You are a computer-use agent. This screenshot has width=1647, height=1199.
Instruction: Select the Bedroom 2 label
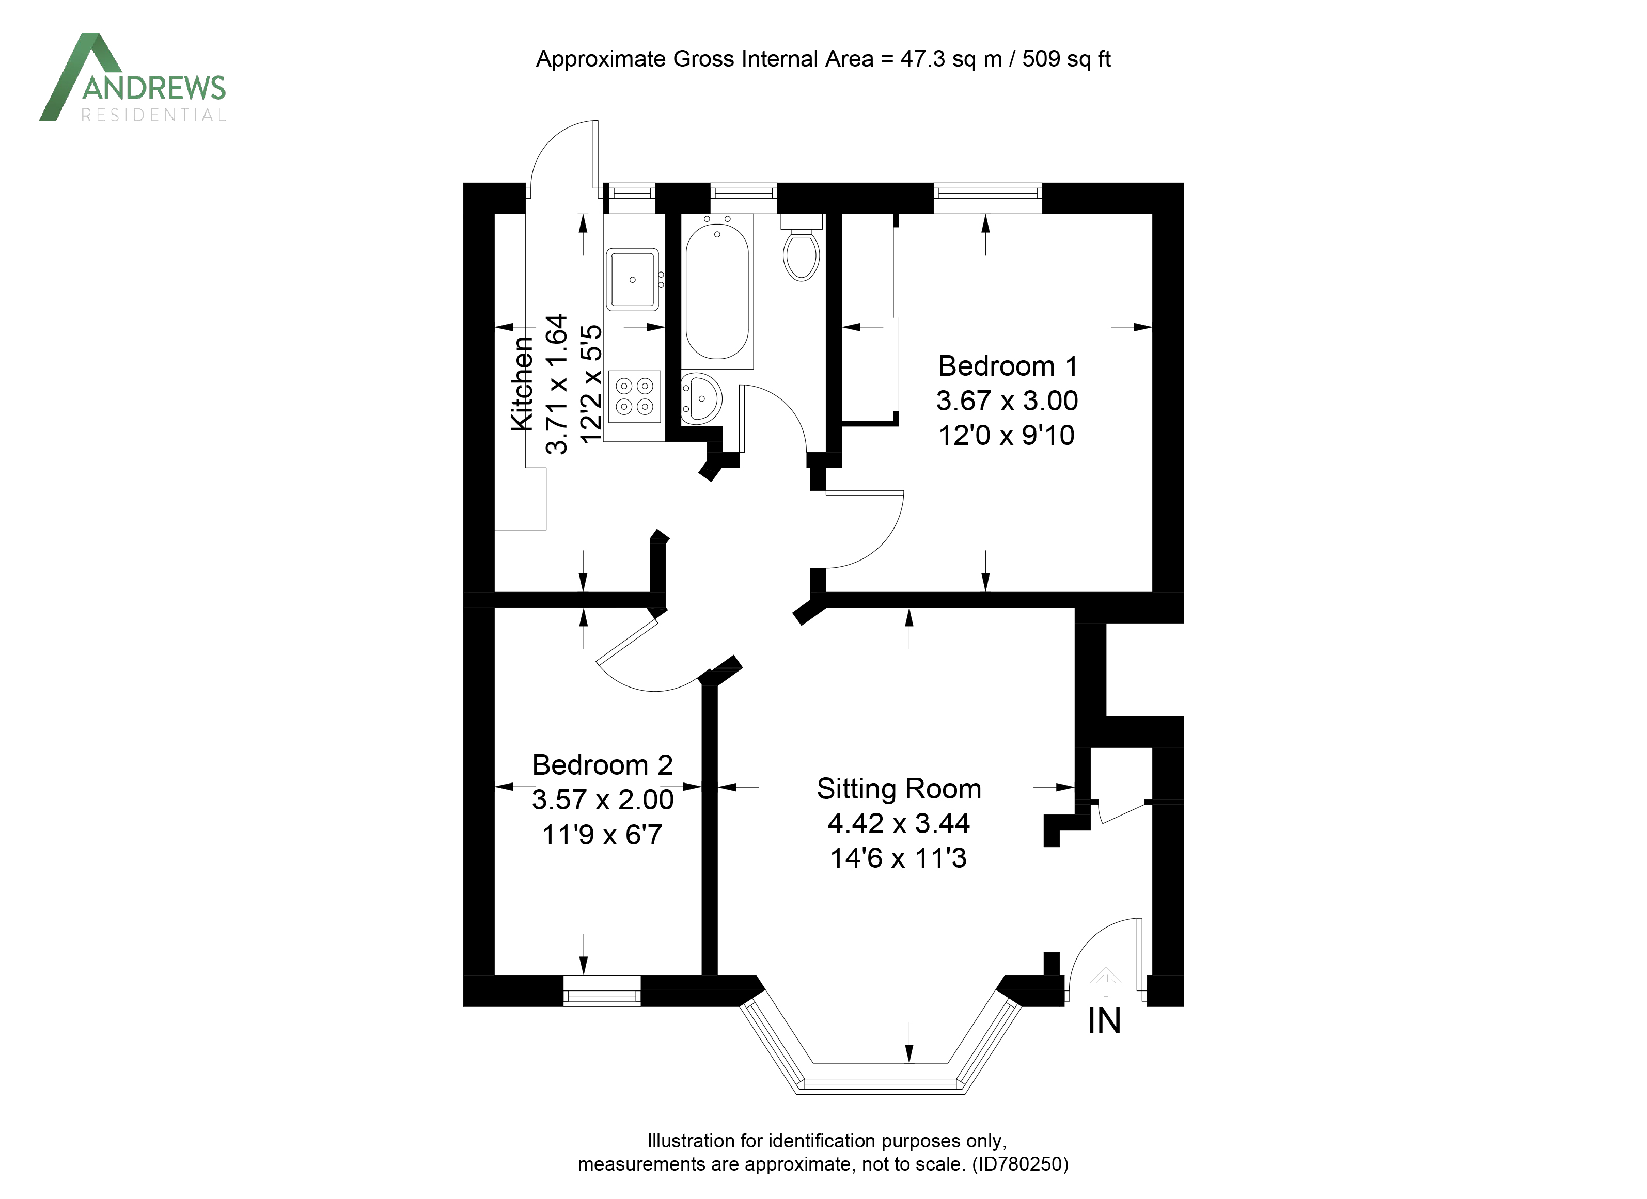[602, 765]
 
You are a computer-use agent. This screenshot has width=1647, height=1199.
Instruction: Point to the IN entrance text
[1104, 1021]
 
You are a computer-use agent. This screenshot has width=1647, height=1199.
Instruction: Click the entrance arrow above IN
[1105, 981]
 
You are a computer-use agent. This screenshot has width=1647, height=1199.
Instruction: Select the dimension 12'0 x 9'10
[1007, 436]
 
